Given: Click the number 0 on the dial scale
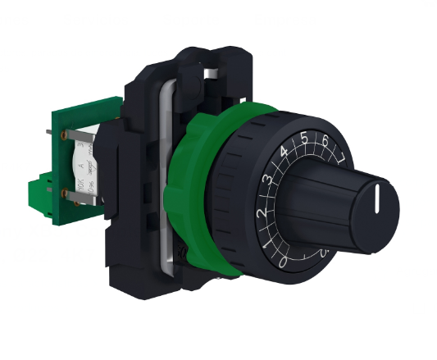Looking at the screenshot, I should click(282, 263).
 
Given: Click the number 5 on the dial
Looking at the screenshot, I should click(304, 138).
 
